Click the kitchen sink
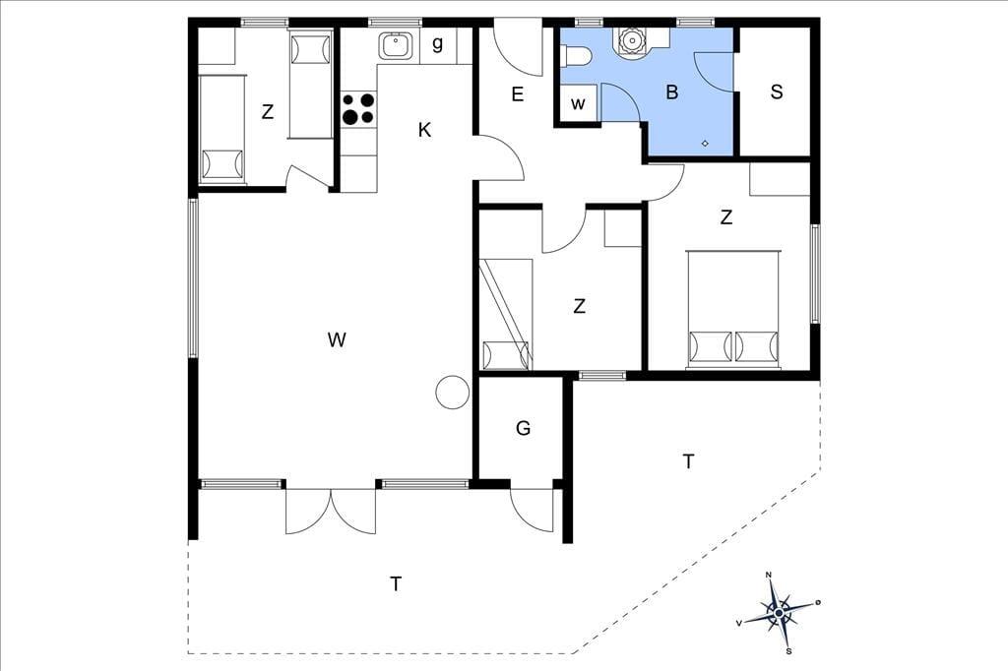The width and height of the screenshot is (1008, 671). tap(396, 45)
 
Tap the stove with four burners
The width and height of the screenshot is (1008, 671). tap(358, 108)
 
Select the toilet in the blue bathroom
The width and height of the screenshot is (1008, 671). tap(576, 56)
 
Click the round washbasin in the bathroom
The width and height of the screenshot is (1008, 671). tap(632, 40)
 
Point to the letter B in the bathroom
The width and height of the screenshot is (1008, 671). tap(671, 91)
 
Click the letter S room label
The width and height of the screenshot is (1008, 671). tap(777, 91)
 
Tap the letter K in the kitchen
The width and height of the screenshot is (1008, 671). tap(424, 131)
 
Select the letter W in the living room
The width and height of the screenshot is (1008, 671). tap(337, 339)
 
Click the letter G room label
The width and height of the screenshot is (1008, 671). tap(524, 428)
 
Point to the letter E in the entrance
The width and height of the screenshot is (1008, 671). tap(518, 94)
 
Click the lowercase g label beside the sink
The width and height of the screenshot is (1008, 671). tap(438, 44)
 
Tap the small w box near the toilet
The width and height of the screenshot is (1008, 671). tap(578, 103)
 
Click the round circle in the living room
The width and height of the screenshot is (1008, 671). tap(453, 392)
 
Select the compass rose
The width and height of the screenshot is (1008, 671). tap(779, 613)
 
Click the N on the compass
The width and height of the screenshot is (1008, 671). tap(768, 575)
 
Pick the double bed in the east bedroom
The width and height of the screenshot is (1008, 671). tap(733, 310)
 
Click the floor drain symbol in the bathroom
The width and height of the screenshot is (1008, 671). tap(705, 144)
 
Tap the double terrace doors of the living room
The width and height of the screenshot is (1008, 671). tap(331, 511)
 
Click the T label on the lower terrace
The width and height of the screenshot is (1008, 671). tap(396, 584)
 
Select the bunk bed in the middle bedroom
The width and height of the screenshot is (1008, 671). tap(507, 314)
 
